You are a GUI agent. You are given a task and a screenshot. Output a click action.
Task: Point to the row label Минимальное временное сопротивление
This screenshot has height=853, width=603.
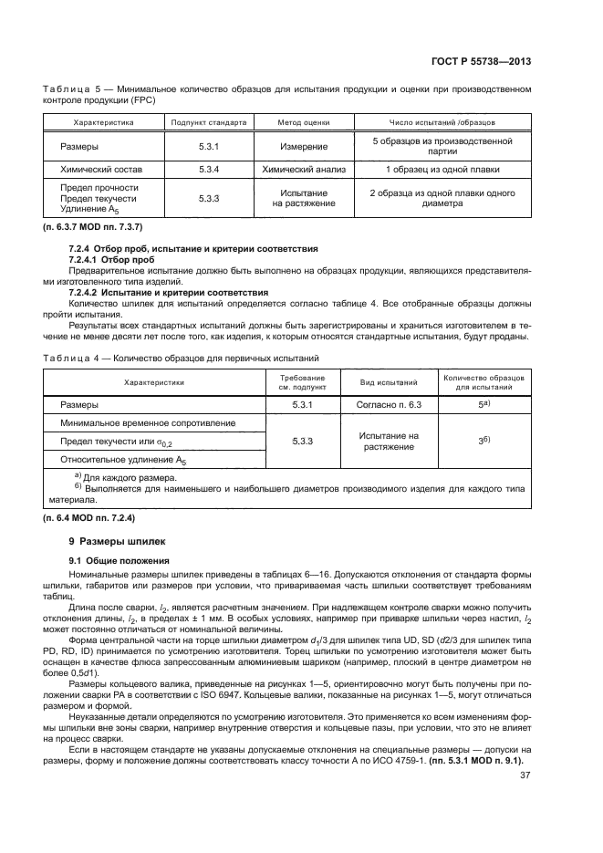tap(149, 423)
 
